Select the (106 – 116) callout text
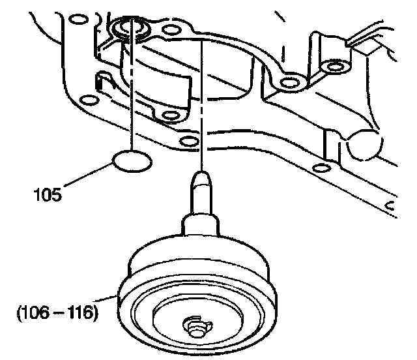point(57,312)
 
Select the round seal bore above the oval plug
point(130,29)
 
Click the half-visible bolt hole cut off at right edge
point(393,207)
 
